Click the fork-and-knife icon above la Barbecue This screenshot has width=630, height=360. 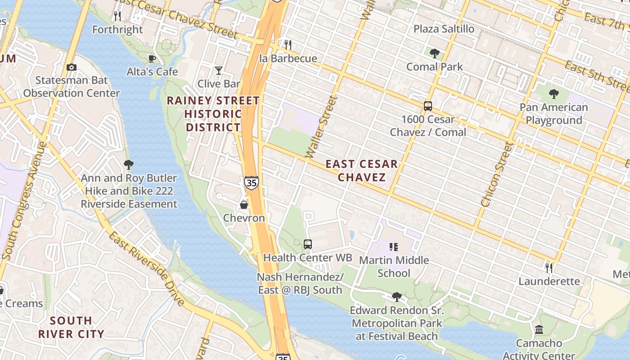(x=288, y=45)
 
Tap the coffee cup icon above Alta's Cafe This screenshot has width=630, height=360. (x=152, y=58)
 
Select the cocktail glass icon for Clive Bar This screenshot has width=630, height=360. (x=219, y=71)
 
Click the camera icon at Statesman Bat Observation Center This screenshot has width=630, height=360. (x=71, y=67)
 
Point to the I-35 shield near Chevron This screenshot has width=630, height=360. (x=252, y=182)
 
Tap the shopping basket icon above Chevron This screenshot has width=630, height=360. (x=244, y=205)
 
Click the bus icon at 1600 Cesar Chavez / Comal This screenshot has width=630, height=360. (x=427, y=107)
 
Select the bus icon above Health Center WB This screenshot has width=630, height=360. (x=308, y=244)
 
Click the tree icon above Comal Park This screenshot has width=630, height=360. (x=434, y=54)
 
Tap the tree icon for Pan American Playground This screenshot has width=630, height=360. (x=554, y=94)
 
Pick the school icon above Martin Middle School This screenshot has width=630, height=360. (x=394, y=247)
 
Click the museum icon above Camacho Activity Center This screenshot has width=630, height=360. (x=539, y=330)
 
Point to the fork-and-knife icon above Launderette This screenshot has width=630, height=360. (x=549, y=268)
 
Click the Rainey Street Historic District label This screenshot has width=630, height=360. (x=213, y=114)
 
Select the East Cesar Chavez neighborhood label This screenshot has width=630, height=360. (x=362, y=171)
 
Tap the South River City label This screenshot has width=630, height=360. (x=71, y=327)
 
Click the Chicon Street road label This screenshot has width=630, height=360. (x=497, y=175)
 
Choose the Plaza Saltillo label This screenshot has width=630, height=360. (x=444, y=29)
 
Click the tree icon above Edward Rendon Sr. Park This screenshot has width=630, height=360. (x=396, y=297)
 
